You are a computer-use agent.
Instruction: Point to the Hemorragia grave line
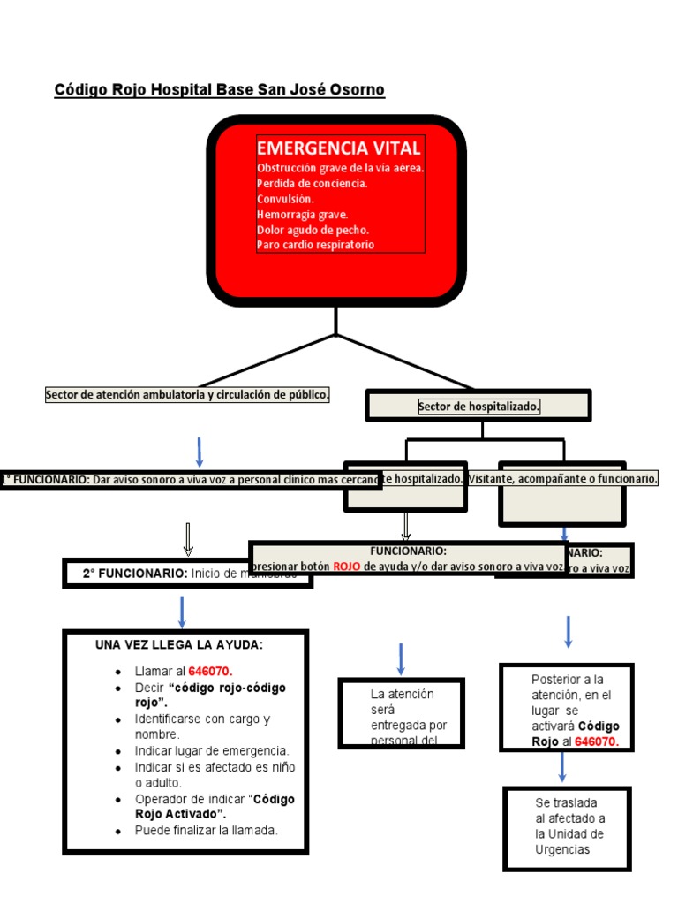click(302, 214)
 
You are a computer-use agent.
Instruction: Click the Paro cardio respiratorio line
click(315, 245)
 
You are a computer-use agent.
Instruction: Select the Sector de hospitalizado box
click(478, 407)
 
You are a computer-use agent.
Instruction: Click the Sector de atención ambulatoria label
click(187, 395)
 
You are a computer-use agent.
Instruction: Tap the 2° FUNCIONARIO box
click(187, 574)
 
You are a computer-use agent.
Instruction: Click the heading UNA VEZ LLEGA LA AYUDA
click(179, 645)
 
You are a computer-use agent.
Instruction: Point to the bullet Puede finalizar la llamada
click(206, 831)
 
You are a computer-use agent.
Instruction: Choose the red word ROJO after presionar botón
click(346, 567)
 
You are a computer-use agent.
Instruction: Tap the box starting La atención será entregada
click(401, 713)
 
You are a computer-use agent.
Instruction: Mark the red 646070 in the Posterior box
click(596, 742)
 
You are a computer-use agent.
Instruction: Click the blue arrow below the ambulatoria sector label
click(200, 452)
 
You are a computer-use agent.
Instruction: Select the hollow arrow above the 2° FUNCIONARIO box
click(188, 538)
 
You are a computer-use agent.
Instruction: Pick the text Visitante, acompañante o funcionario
click(564, 478)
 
